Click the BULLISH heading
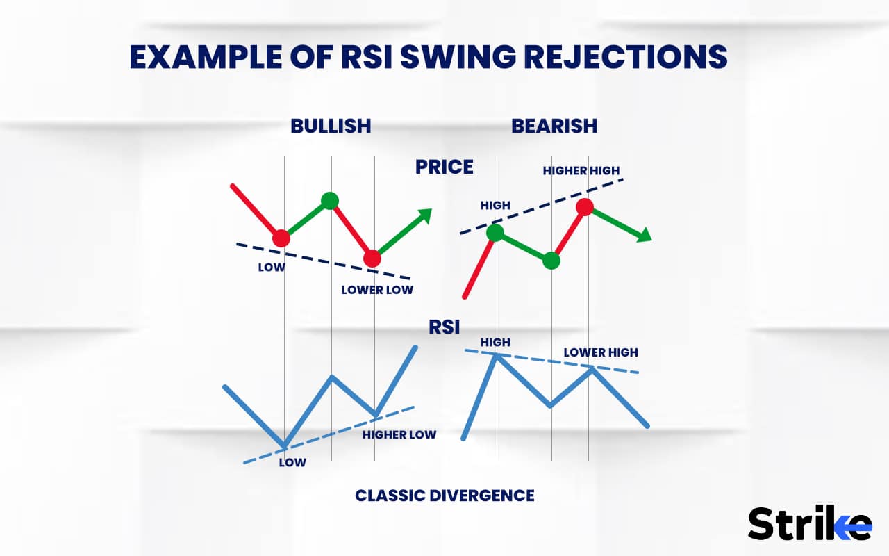(x=331, y=126)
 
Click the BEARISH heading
(x=554, y=126)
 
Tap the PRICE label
(x=444, y=167)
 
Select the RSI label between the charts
(x=444, y=327)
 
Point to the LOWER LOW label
(x=377, y=290)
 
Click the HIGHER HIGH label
(x=581, y=171)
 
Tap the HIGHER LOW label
(x=399, y=435)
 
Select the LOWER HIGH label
(x=601, y=352)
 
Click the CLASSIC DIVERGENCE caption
(x=444, y=496)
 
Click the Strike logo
(x=809, y=523)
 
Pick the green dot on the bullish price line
(x=330, y=201)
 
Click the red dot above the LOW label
(x=281, y=238)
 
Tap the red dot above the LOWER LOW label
(x=372, y=259)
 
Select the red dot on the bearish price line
(x=584, y=206)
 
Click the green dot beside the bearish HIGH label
(x=495, y=233)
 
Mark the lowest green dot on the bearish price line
(x=551, y=261)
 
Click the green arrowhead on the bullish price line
(x=424, y=215)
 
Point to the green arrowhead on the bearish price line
(x=645, y=235)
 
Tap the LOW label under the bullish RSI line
(x=292, y=462)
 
